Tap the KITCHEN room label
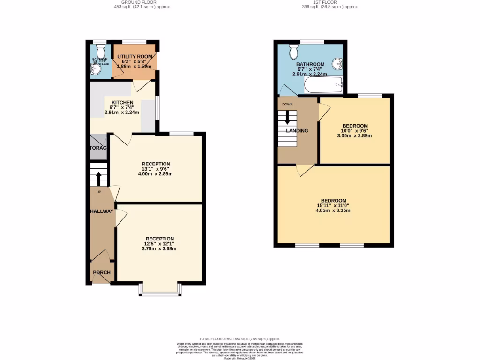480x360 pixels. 122,102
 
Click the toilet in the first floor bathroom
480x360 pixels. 294,49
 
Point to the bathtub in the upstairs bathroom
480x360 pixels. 324,86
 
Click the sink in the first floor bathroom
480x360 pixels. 337,64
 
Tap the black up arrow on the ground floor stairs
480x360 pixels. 99,178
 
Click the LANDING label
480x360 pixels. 297,130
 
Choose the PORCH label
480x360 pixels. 101,273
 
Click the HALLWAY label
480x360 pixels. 102,211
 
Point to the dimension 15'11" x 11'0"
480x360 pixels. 333,205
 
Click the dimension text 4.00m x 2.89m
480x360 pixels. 156,174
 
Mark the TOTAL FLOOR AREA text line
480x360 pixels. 240,339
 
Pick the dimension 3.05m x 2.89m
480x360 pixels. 354,135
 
